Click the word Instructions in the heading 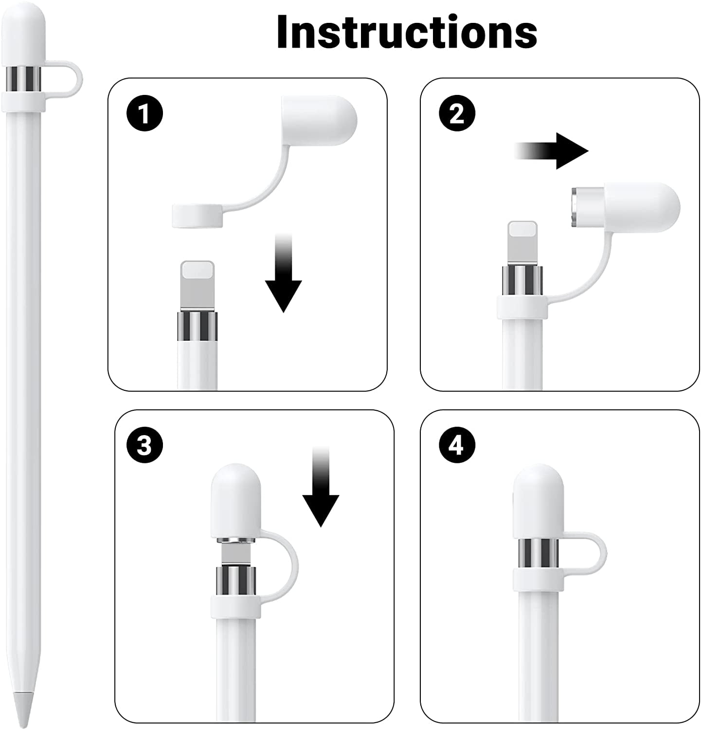click(407, 32)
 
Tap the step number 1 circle click(144, 115)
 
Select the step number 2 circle click(457, 115)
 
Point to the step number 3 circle click(144, 446)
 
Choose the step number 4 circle click(457, 446)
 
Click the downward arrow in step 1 click(283, 277)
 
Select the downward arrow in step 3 click(321, 492)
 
